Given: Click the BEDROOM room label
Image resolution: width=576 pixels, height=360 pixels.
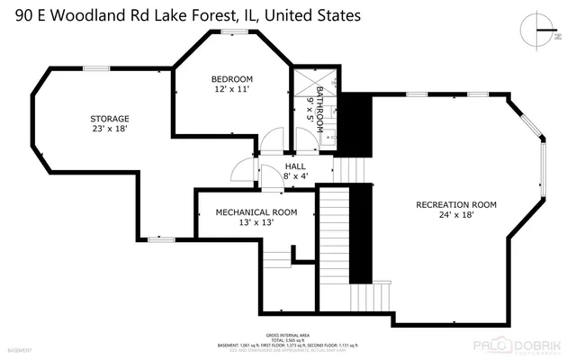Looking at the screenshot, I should (232, 78).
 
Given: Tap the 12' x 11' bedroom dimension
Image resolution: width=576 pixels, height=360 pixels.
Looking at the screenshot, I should (232, 89).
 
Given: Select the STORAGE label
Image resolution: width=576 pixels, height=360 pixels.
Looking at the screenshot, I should (109, 118).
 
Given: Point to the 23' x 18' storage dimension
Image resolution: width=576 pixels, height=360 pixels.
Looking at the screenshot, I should (109, 129).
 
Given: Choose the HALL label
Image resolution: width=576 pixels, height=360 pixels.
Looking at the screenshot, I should (295, 166).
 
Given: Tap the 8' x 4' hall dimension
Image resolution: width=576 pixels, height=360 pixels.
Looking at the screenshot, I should (295, 176).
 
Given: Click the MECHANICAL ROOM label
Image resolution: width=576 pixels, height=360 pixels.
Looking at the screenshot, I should (256, 212).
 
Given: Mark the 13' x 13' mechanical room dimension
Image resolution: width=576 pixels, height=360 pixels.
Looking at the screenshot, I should (256, 223).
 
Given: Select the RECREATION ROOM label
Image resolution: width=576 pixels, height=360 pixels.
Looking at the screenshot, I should (455, 204).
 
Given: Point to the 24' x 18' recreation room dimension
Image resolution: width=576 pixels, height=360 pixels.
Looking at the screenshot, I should (455, 215).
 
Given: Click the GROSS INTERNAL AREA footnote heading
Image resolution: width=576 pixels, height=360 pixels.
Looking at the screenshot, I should (287, 333).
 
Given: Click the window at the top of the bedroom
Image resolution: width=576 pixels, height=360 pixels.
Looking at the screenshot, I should (232, 33).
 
